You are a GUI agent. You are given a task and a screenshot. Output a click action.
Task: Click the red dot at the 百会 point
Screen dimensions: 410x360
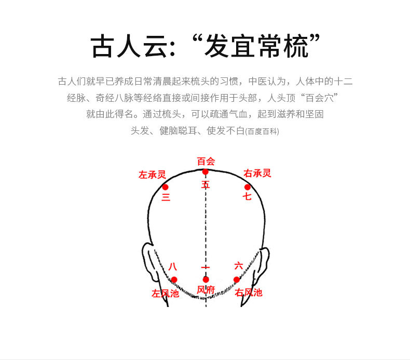pyautogui.click(x=206, y=172)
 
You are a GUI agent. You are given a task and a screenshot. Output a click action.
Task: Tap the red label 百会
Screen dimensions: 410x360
pyautogui.click(x=206, y=161)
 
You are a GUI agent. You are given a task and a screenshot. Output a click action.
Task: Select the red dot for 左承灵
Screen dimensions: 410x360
pyautogui.click(x=165, y=187)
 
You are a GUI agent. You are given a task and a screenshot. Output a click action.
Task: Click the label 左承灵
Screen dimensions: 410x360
pyautogui.click(x=152, y=175)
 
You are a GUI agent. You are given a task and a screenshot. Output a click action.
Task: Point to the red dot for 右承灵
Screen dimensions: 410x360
pyautogui.click(x=248, y=187)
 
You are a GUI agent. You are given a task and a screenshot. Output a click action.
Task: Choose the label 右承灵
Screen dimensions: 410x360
pyautogui.click(x=257, y=174)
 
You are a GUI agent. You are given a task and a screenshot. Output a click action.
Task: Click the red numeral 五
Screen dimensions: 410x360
pyautogui.click(x=206, y=184)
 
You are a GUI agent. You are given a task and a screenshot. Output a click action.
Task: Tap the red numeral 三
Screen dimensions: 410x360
pyautogui.click(x=166, y=197)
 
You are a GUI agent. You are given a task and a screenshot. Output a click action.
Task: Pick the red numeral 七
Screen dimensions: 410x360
pyautogui.click(x=247, y=196)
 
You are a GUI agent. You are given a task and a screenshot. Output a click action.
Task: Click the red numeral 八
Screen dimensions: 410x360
pyautogui.click(x=173, y=266)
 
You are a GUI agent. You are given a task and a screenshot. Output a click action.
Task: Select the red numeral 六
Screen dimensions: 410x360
pyautogui.click(x=238, y=266)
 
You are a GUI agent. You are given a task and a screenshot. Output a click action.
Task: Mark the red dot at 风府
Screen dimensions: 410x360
pyautogui.click(x=206, y=279)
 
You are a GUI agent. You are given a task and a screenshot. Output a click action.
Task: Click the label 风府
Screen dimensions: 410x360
pyautogui.click(x=206, y=290)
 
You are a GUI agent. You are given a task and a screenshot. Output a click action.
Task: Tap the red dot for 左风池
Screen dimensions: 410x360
pyautogui.click(x=174, y=279)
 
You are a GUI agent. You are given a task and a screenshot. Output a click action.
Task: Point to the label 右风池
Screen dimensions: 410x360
pyautogui.click(x=249, y=292)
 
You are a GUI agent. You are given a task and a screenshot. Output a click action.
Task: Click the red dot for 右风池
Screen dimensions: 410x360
pyautogui.click(x=236, y=279)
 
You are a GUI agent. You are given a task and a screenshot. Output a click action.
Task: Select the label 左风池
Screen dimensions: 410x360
pyautogui.click(x=165, y=293)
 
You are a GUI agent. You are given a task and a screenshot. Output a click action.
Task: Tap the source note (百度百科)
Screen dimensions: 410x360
pyautogui.click(x=262, y=131)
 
